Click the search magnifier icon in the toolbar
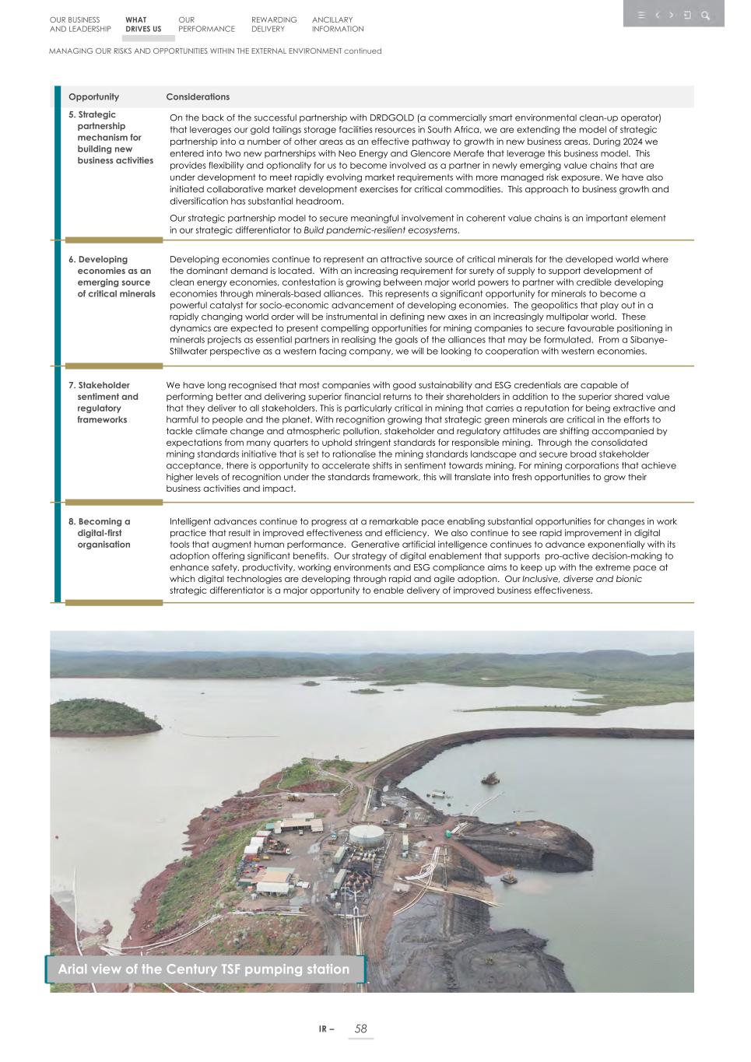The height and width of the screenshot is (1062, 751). pos(705,15)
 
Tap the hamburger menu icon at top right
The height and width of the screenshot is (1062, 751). pos(641,15)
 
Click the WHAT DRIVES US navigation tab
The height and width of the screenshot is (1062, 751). pos(143,24)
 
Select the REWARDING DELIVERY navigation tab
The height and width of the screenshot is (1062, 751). pos(274,24)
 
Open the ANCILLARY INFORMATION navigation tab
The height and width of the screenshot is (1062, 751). pos(338,24)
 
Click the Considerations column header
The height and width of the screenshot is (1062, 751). pos(198,97)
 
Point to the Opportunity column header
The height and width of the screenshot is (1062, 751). pos(93,97)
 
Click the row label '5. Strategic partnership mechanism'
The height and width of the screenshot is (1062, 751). pos(111,138)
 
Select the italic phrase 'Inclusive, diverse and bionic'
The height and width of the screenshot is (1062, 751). pos(582,579)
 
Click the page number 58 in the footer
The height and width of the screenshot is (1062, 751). pos(360,1029)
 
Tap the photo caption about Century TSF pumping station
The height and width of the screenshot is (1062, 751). pos(204,969)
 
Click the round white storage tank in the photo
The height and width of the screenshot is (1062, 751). pos(366,836)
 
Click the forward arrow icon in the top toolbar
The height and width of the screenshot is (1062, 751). pos(672,15)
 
